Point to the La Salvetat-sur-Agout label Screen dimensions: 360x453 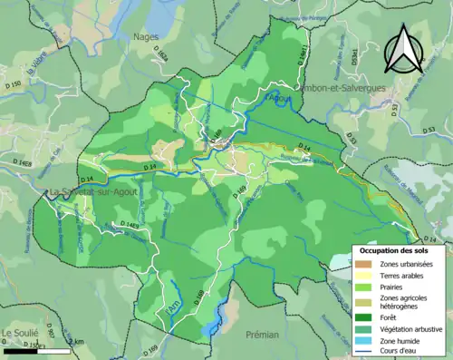pyautogui.click(x=90, y=191)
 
